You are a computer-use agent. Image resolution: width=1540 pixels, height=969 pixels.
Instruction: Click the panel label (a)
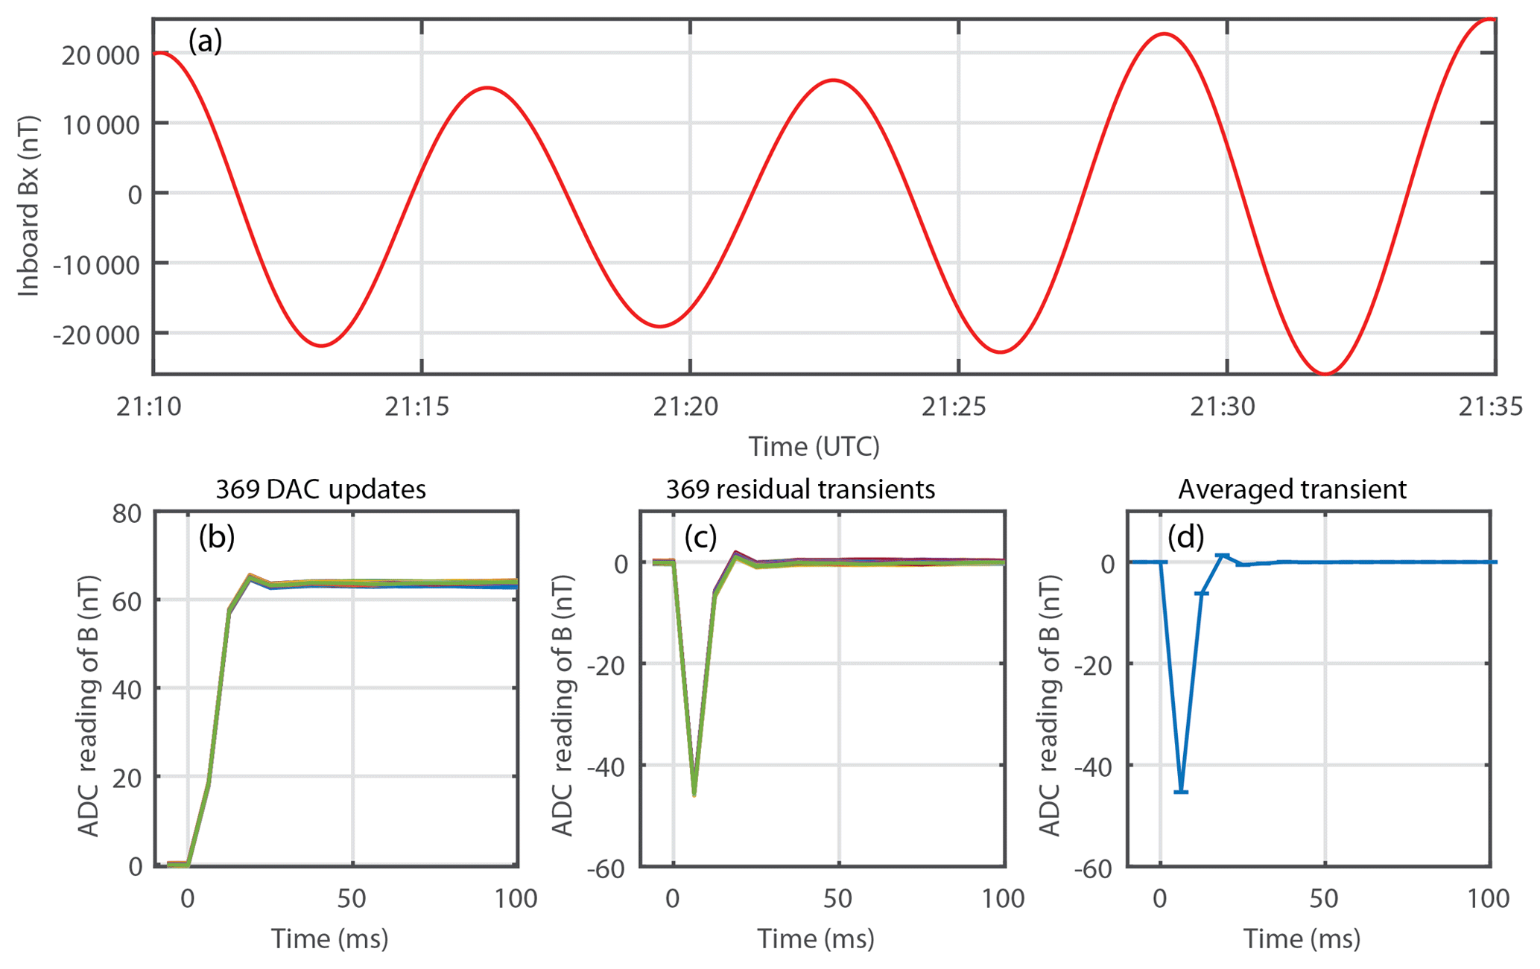tap(205, 41)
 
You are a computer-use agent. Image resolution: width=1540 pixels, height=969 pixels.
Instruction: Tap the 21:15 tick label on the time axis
tap(417, 407)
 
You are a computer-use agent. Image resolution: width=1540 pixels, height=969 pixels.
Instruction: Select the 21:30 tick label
tap(1223, 407)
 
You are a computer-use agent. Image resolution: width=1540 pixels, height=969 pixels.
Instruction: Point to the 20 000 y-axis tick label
tap(101, 54)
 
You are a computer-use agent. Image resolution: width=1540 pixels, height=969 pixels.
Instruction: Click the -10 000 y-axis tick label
tap(96, 265)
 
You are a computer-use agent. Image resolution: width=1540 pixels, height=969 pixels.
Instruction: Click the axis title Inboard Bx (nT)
tap(28, 206)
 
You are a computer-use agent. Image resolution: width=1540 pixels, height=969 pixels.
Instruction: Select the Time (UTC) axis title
tap(814, 447)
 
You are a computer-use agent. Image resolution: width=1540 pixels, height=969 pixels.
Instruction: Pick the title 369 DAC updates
tap(320, 489)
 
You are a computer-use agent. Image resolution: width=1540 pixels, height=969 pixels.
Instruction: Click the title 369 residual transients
tap(800, 489)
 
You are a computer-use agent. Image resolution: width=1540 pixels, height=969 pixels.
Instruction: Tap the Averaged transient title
tap(1292, 489)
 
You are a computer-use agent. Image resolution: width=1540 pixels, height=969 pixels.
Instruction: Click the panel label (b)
tap(216, 536)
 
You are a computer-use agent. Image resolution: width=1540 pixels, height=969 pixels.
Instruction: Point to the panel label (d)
tap(1185, 536)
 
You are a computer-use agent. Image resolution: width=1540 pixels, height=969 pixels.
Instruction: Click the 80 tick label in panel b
tap(127, 513)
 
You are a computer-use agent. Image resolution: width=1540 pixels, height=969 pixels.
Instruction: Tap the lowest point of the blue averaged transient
tap(1181, 791)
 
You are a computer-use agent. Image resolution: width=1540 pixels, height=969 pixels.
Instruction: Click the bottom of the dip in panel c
tap(694, 795)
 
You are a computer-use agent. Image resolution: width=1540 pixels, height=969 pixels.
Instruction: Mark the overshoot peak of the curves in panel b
tap(250, 575)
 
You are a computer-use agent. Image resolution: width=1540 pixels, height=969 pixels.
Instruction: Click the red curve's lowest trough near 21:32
tap(1325, 373)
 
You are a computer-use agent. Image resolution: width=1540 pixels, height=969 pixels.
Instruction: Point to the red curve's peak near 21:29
tap(1164, 34)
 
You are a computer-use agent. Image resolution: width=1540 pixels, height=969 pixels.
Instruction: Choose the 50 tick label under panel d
tap(1324, 899)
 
